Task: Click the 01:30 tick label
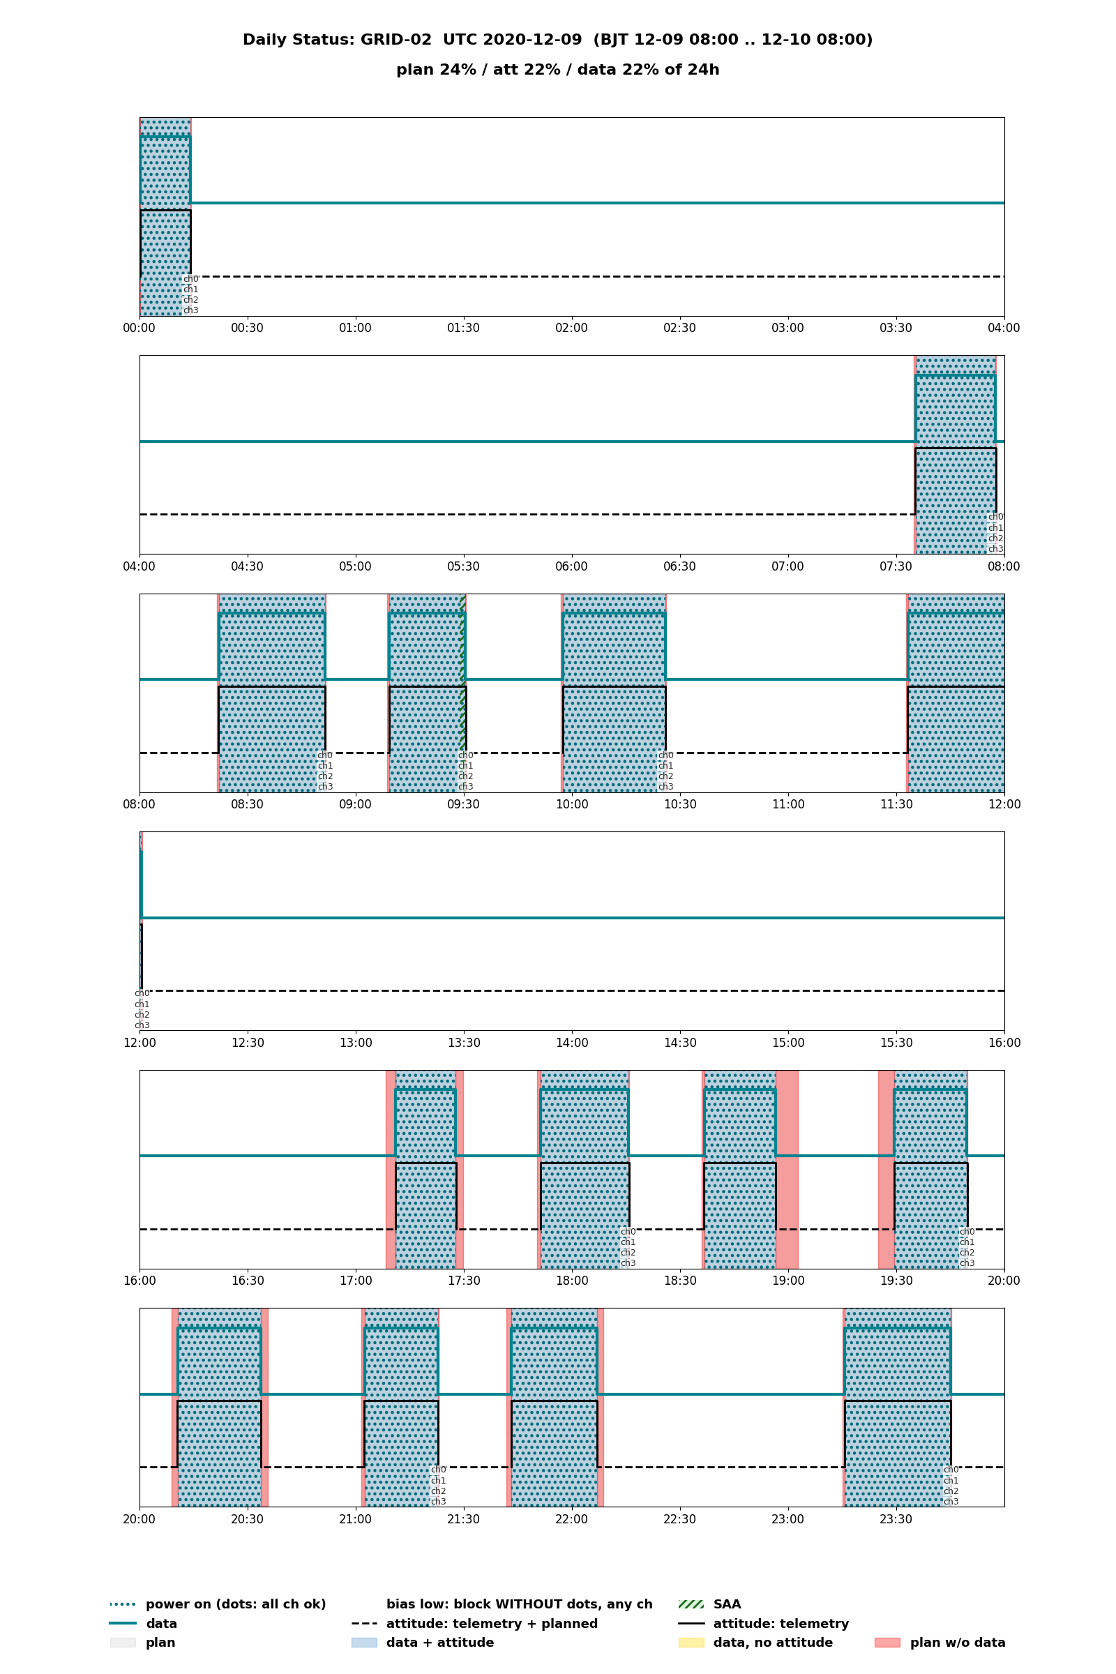point(463,328)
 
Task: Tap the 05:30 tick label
point(463,566)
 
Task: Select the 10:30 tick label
point(679,804)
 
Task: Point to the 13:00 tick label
point(355,1043)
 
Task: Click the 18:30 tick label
point(679,1281)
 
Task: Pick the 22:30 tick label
point(679,1519)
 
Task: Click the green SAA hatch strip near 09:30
point(463,693)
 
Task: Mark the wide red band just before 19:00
point(787,1169)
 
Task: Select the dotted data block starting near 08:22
point(272,693)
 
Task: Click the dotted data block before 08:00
point(955,455)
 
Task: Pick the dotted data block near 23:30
point(898,1407)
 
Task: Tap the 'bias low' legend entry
point(520,1604)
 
